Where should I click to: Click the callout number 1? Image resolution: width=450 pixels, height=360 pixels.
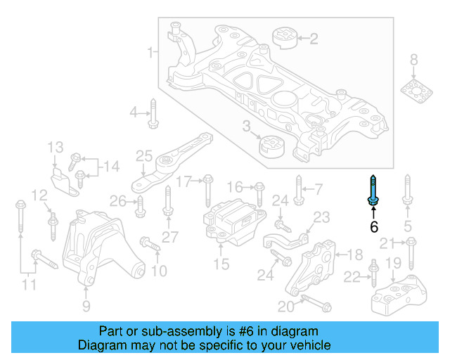pyautogui.click(x=150, y=52)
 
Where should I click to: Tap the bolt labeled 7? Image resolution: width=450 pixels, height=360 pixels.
pyautogui.click(x=299, y=190)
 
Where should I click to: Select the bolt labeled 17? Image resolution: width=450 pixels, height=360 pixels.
pyautogui.click(x=208, y=189)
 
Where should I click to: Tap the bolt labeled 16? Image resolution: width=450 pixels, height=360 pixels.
pyautogui.click(x=259, y=191)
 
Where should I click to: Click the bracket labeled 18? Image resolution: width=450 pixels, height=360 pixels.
pyautogui.click(x=313, y=271)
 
